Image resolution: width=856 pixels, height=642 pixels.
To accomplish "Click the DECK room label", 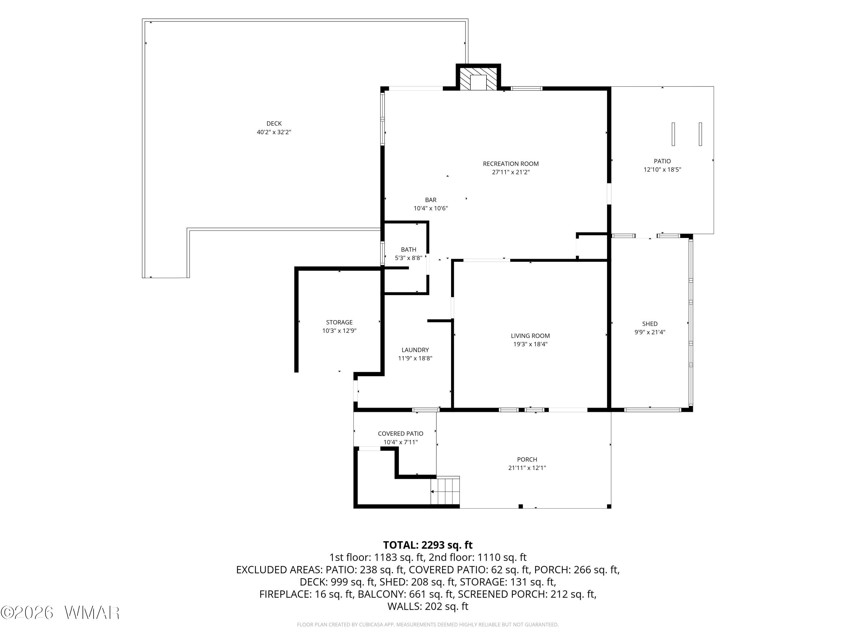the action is coord(274,124).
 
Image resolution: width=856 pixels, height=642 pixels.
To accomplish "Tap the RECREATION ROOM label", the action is coord(511,164).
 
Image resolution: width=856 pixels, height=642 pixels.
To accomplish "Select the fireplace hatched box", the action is coord(478,79).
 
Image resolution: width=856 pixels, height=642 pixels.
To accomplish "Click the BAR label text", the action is coord(431,200).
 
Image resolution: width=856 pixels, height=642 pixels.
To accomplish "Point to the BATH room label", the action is coord(409,250).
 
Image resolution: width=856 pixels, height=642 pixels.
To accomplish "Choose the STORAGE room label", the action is coord(339,322).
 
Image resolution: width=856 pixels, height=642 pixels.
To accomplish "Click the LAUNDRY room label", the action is coord(415,350).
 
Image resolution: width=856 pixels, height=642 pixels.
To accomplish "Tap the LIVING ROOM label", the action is coord(530,336).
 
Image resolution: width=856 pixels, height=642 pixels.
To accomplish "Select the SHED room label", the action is coord(650,324).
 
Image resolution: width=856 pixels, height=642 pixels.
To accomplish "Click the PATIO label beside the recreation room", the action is coord(663,161).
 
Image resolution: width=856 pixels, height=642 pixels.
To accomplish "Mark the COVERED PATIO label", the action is coord(401,434).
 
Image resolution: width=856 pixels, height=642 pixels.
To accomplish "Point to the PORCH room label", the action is coord(527,459).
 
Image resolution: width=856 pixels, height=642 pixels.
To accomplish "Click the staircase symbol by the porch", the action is coord(445,491).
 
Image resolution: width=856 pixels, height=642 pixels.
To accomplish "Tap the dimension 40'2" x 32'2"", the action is coord(274,132).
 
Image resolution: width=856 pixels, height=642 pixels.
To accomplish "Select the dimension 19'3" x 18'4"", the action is coord(530,344).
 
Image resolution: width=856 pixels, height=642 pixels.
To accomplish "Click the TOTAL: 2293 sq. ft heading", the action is coord(428,545).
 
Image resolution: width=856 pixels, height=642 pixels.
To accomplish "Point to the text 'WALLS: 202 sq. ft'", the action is coord(428,606).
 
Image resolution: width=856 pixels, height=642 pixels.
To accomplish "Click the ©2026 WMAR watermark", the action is coord(60,613).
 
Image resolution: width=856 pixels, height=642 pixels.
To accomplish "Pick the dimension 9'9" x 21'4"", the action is coord(650,332).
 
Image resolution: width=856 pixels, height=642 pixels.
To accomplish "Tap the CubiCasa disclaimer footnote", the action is coord(428,624).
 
